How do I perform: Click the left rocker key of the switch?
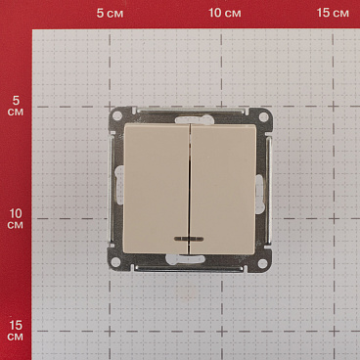point(157,189)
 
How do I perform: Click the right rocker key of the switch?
point(223,189)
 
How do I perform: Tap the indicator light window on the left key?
point(184,239)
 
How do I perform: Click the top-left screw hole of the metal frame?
point(117,115)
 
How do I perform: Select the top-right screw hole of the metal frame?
point(263,116)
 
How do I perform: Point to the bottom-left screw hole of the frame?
point(115,261)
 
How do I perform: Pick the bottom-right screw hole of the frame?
point(262,262)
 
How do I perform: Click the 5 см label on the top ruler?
point(110,13)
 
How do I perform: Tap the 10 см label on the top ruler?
point(225,13)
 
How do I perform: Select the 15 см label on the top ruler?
point(333,13)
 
